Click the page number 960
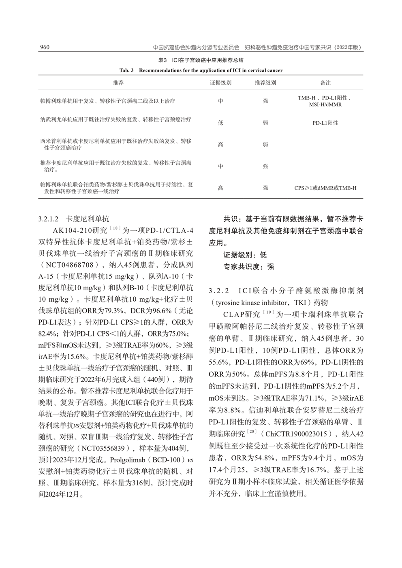click(x=44, y=47)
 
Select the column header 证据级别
click(x=220, y=83)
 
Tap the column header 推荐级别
click(x=265, y=83)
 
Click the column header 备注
click(x=325, y=83)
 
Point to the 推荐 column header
click(x=118, y=83)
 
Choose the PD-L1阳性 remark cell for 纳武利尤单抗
click(x=325, y=123)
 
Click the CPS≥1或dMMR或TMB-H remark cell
click(x=325, y=188)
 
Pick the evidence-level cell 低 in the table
click(x=220, y=123)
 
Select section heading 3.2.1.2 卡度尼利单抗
click(x=74, y=219)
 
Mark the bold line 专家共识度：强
click(x=249, y=266)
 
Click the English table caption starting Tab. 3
click(x=201, y=70)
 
